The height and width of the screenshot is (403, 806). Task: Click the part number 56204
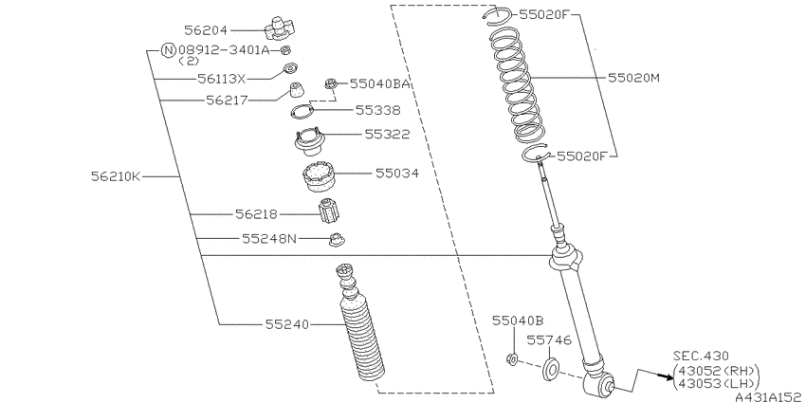tap(205, 30)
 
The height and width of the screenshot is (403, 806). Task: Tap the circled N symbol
tap(168, 50)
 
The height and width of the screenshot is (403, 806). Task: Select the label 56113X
tap(222, 79)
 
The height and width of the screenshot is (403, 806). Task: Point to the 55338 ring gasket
tap(302, 111)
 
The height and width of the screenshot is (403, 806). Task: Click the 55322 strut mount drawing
tap(309, 141)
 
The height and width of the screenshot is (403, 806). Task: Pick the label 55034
tap(396, 174)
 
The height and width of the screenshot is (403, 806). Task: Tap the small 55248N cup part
tap(337, 239)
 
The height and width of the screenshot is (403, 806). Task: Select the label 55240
tap(287, 324)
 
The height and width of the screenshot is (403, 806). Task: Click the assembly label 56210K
tap(116, 176)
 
